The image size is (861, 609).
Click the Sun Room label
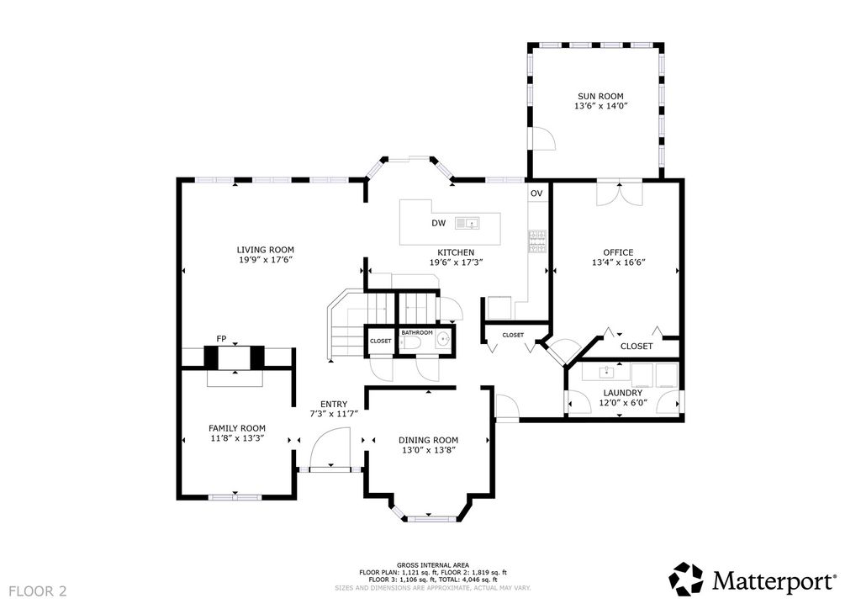600,96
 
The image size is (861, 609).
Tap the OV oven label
536,193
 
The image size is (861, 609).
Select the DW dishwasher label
439,223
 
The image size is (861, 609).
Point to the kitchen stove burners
537,242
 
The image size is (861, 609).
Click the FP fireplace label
221,339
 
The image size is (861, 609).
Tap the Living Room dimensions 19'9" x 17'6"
265,260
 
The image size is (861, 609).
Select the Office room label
618,252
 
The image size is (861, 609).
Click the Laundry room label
623,393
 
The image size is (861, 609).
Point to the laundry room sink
606,372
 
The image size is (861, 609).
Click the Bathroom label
417,333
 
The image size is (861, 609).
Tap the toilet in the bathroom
410,343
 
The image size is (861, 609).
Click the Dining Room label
428,440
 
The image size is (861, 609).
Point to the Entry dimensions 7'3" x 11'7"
334,414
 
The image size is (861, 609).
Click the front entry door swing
330,448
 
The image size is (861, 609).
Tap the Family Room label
236,428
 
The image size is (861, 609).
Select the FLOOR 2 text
38,591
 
